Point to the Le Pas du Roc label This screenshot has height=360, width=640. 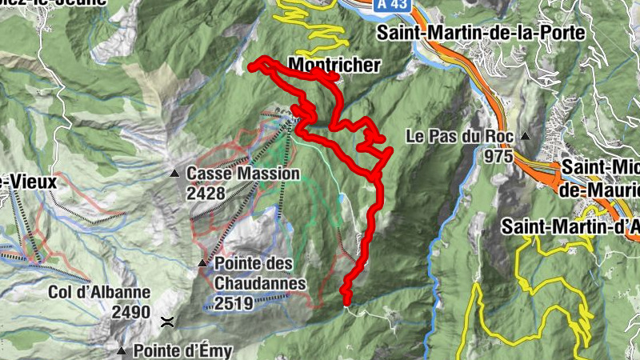coord(459,135)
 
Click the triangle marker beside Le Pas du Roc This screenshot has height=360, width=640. coord(526,136)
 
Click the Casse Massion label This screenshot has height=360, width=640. coord(242,173)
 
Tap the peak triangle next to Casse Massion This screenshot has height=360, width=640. coord(174,173)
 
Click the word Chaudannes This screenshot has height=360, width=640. coord(260,282)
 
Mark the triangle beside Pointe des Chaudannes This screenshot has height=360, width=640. coord(202,263)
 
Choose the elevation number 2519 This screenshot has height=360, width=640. coord(234,302)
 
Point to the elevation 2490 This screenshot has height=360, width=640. coord(130,312)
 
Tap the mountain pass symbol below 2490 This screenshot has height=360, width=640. coord(167,322)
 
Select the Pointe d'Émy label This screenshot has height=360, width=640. coord(182,350)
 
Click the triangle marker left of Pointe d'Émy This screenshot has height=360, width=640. coord(122,350)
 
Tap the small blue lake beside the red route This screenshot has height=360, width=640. coord(342,197)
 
